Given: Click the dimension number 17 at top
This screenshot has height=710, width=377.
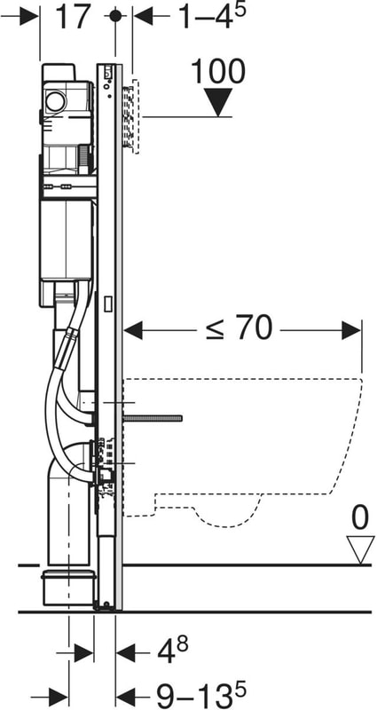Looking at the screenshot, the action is point(73,17).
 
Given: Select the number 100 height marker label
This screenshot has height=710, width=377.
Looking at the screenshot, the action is point(218,72).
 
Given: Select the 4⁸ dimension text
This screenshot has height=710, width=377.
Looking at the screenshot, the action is point(172,652).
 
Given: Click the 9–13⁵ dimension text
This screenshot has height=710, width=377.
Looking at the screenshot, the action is point(201,696).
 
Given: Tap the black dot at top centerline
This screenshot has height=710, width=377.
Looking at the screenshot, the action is point(115,16).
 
